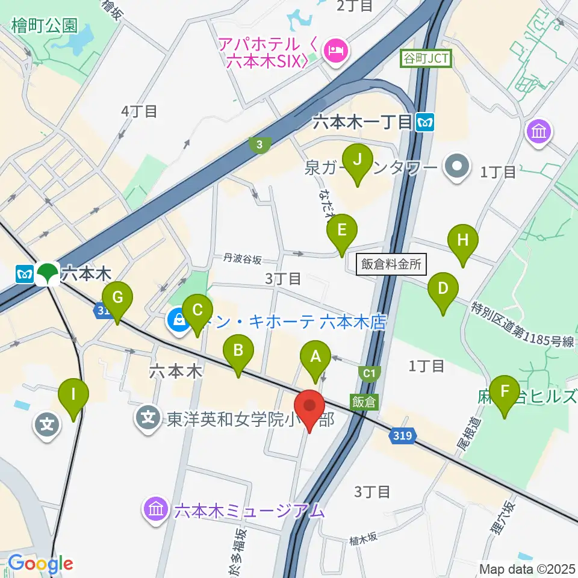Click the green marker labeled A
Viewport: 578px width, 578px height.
pos(315,360)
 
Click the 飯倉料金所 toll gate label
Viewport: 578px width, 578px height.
pos(391,264)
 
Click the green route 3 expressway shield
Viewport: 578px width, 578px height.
pos(259,144)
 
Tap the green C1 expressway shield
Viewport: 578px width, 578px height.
pos(370,373)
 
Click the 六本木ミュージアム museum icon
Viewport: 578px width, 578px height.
pos(155,511)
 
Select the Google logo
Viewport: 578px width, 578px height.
pos(40,564)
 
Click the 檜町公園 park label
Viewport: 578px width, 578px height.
pos(44,25)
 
